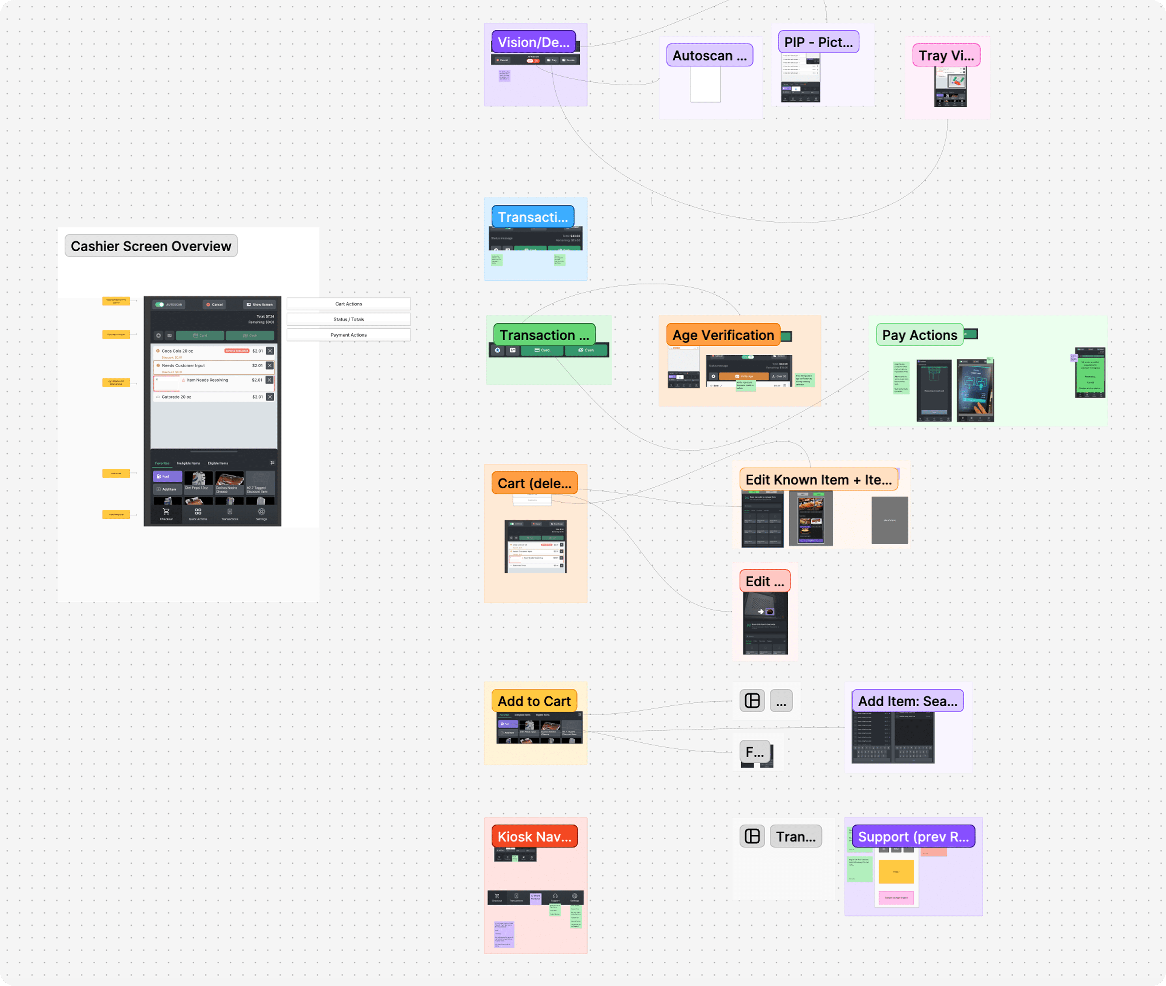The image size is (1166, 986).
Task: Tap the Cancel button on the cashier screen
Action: coord(214,305)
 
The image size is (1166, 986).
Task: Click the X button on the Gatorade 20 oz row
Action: coord(270,397)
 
